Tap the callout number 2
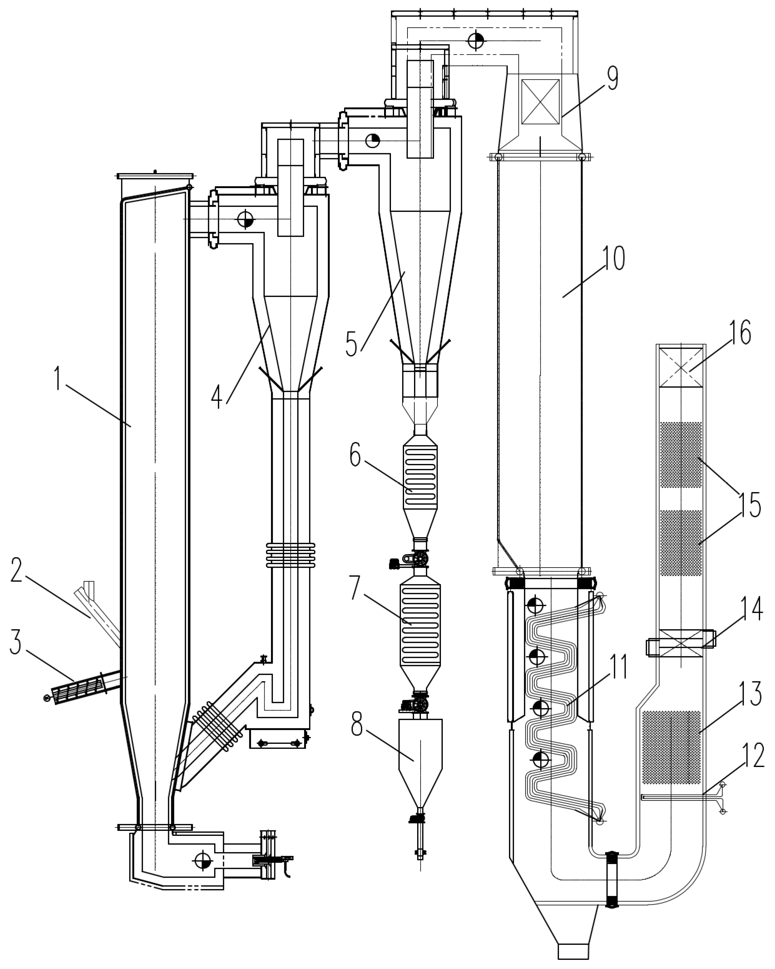16,570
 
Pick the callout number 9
612,78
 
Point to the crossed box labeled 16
681,368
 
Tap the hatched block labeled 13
671,747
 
